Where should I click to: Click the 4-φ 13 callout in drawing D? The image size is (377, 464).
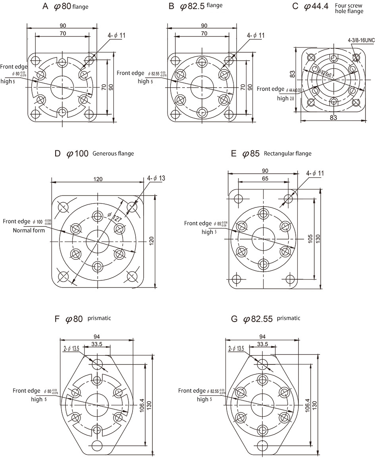[x=156, y=178]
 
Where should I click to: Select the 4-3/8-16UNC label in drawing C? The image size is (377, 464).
[x=361, y=40]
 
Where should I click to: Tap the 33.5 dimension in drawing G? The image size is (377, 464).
[x=262, y=344]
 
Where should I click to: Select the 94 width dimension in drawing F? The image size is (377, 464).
[x=96, y=336]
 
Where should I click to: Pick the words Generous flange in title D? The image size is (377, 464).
[x=113, y=153]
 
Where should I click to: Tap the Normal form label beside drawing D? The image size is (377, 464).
[x=29, y=230]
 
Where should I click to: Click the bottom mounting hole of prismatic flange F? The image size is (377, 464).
[x=96, y=444]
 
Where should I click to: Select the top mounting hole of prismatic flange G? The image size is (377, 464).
[x=262, y=364]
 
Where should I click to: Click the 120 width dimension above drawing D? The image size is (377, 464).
[x=98, y=179]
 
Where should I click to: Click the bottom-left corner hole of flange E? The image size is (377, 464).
[x=237, y=279]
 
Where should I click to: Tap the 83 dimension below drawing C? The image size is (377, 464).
[x=334, y=117]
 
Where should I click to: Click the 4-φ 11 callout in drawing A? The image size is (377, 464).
[x=117, y=36]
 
